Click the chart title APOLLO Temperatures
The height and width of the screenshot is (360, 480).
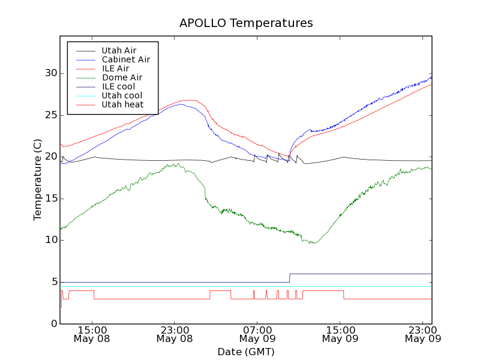click(246, 23)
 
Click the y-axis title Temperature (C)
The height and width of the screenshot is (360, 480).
click(38, 177)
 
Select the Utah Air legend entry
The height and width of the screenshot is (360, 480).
click(119, 50)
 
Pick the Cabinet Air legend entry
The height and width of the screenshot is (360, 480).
click(125, 59)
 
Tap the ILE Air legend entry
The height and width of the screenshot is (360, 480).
click(115, 68)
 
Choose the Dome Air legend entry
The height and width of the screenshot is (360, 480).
click(122, 77)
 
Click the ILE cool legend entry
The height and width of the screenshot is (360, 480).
click(118, 86)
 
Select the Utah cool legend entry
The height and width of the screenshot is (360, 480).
click(122, 95)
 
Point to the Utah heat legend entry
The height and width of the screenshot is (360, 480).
click(122, 104)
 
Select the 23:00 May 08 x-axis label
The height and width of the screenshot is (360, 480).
click(174, 334)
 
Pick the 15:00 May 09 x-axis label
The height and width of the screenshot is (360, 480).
click(340, 334)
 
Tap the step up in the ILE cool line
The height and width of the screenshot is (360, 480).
click(290, 278)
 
